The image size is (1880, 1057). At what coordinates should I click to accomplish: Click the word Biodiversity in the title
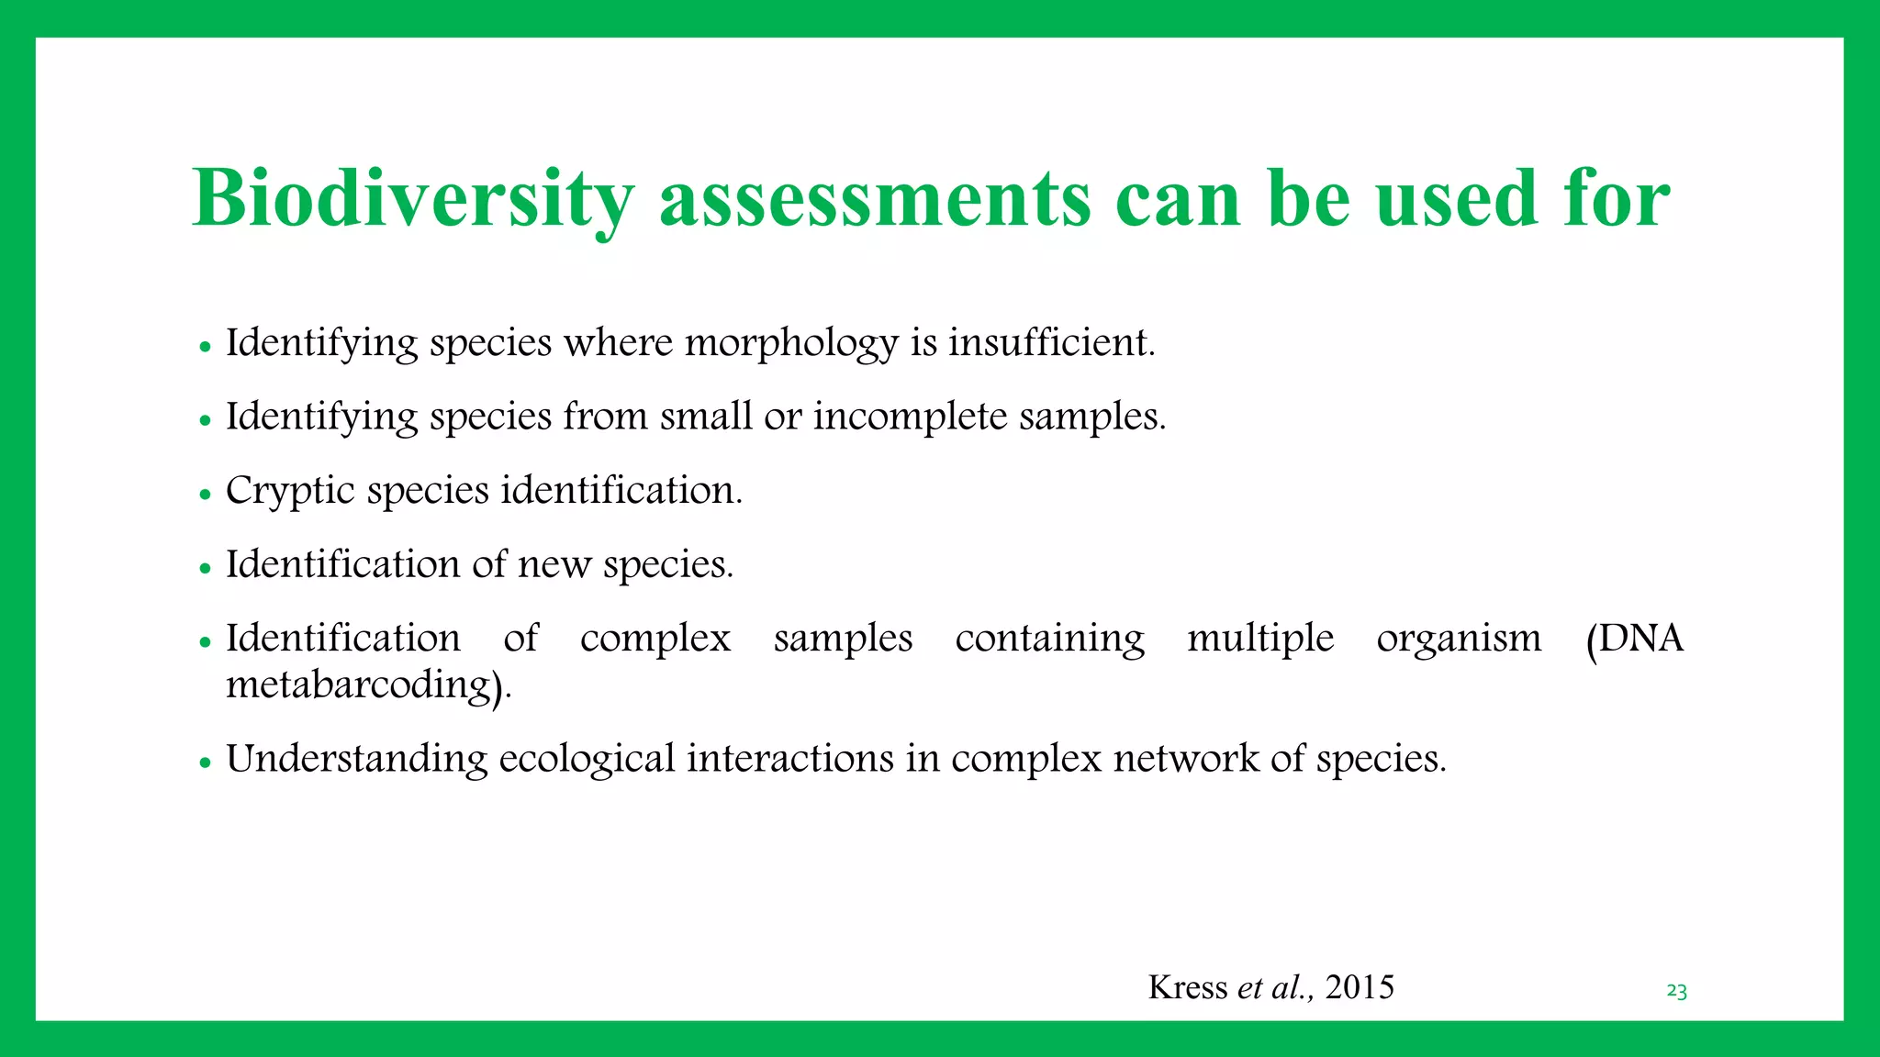click(413, 199)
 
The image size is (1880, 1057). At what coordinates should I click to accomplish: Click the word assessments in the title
click(875, 199)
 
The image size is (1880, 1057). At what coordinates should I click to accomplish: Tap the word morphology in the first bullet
click(791, 344)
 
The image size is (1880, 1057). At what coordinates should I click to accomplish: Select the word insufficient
click(1050, 343)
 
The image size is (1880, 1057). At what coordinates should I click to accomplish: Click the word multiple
click(1259, 639)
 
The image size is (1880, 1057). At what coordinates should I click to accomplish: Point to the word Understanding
click(356, 760)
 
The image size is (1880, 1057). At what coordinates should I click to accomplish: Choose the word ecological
click(587, 760)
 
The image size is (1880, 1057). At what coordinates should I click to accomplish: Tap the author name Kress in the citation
click(1187, 987)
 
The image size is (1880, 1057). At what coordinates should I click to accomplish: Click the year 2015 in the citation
click(1360, 987)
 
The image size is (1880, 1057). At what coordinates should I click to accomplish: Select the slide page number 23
click(1676, 991)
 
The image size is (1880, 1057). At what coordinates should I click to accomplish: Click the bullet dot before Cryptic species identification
click(205, 495)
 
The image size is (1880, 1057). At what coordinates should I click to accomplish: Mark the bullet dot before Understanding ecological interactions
click(205, 762)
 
